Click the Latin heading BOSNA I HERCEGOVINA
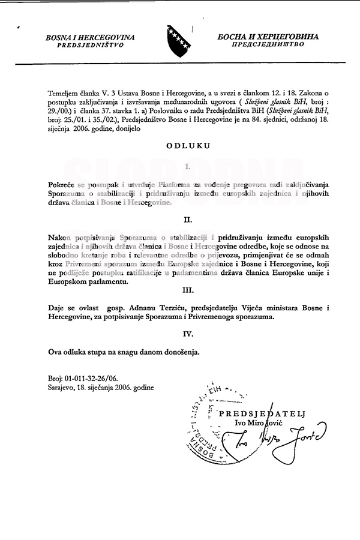(x=89, y=37)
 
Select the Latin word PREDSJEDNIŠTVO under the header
(x=91, y=45)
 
